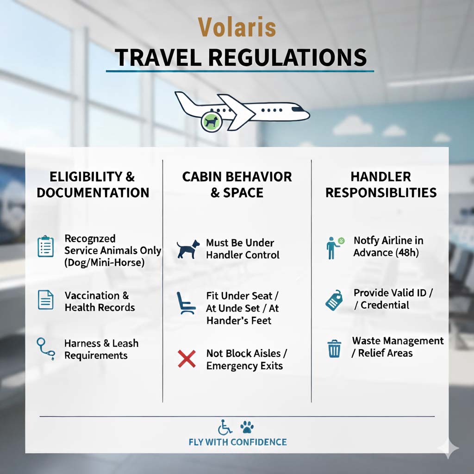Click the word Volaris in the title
pos(237,27)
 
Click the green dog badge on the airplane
pos(212,122)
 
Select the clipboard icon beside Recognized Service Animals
pos(46,246)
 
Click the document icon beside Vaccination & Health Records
pos(46,299)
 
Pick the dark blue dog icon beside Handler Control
pos(188,249)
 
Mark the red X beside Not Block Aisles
pos(187,359)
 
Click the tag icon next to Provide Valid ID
pos(334,300)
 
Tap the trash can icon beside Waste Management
pos(334,349)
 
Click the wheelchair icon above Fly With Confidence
pos(225,427)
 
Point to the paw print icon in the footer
pos(247,427)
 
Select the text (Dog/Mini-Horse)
pos(104,262)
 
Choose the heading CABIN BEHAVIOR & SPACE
pos(237,184)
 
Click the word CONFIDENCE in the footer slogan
pos(258,442)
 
